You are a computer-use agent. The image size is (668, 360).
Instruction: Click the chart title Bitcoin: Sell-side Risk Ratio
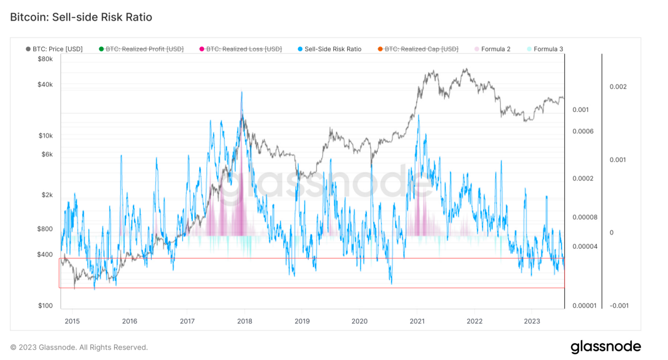tap(81, 17)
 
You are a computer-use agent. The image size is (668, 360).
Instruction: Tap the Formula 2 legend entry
tap(495, 49)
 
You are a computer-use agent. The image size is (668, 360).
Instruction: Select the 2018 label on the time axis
tap(244, 321)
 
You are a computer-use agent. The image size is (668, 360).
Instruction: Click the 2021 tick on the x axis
tap(417, 321)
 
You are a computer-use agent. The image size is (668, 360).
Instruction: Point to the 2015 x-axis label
tap(72, 321)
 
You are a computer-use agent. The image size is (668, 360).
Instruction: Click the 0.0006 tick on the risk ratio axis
tap(583, 131)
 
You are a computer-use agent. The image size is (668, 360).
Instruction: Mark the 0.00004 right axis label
tap(585, 246)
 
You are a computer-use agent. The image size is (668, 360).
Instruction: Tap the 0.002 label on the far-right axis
tap(618, 87)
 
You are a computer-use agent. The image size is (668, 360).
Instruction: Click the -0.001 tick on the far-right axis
tap(619, 306)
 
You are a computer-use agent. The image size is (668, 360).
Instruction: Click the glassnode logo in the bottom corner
tap(605, 347)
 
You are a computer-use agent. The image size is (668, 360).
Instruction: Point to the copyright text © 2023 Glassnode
tap(79, 347)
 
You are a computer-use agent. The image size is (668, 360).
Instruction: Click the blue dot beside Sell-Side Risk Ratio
tap(300, 49)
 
